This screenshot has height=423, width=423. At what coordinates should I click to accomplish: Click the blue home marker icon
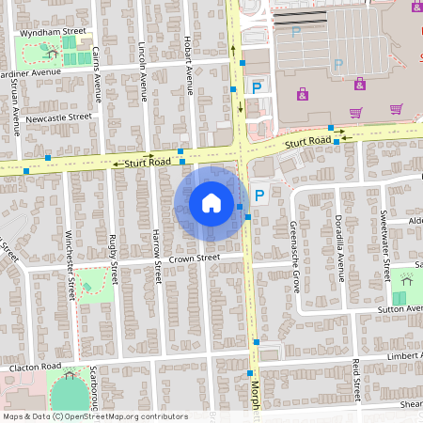tap(211, 202)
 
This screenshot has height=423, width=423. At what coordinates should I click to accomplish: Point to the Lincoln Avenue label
tap(143, 70)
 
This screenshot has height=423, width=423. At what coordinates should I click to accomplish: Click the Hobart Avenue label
tap(188, 66)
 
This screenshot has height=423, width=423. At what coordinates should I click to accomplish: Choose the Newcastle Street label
tap(58, 118)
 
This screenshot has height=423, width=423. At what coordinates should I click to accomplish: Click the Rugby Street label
tap(114, 259)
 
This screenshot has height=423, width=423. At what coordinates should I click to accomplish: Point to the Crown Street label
tap(195, 257)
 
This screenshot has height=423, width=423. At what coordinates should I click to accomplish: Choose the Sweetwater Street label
tap(384, 240)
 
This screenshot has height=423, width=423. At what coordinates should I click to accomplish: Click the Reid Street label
tap(356, 379)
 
